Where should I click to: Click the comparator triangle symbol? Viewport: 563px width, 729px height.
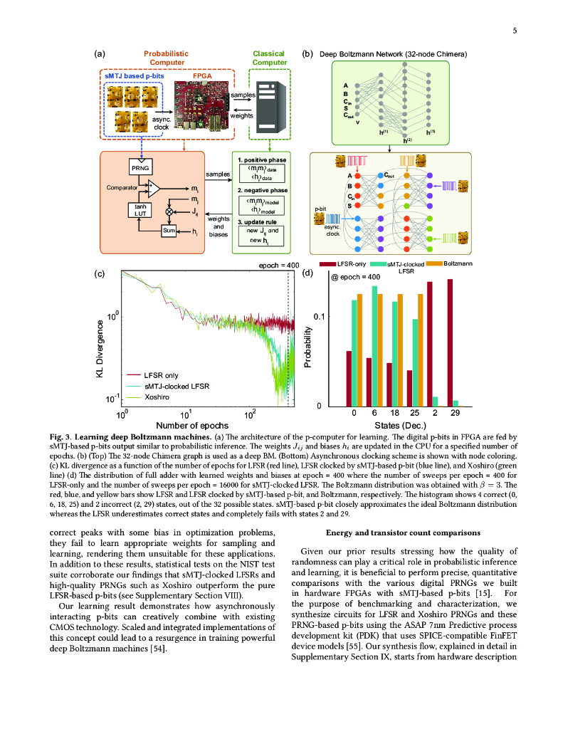click(153, 188)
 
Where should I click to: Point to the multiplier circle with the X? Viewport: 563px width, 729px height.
click(169, 211)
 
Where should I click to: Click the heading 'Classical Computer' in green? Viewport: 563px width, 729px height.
click(269, 58)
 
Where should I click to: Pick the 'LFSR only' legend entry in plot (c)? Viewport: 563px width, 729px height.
click(162, 374)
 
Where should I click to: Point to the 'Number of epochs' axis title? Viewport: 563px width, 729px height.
click(189, 425)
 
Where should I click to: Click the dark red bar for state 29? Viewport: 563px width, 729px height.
click(450, 342)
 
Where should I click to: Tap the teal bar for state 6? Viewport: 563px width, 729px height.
click(374, 346)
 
